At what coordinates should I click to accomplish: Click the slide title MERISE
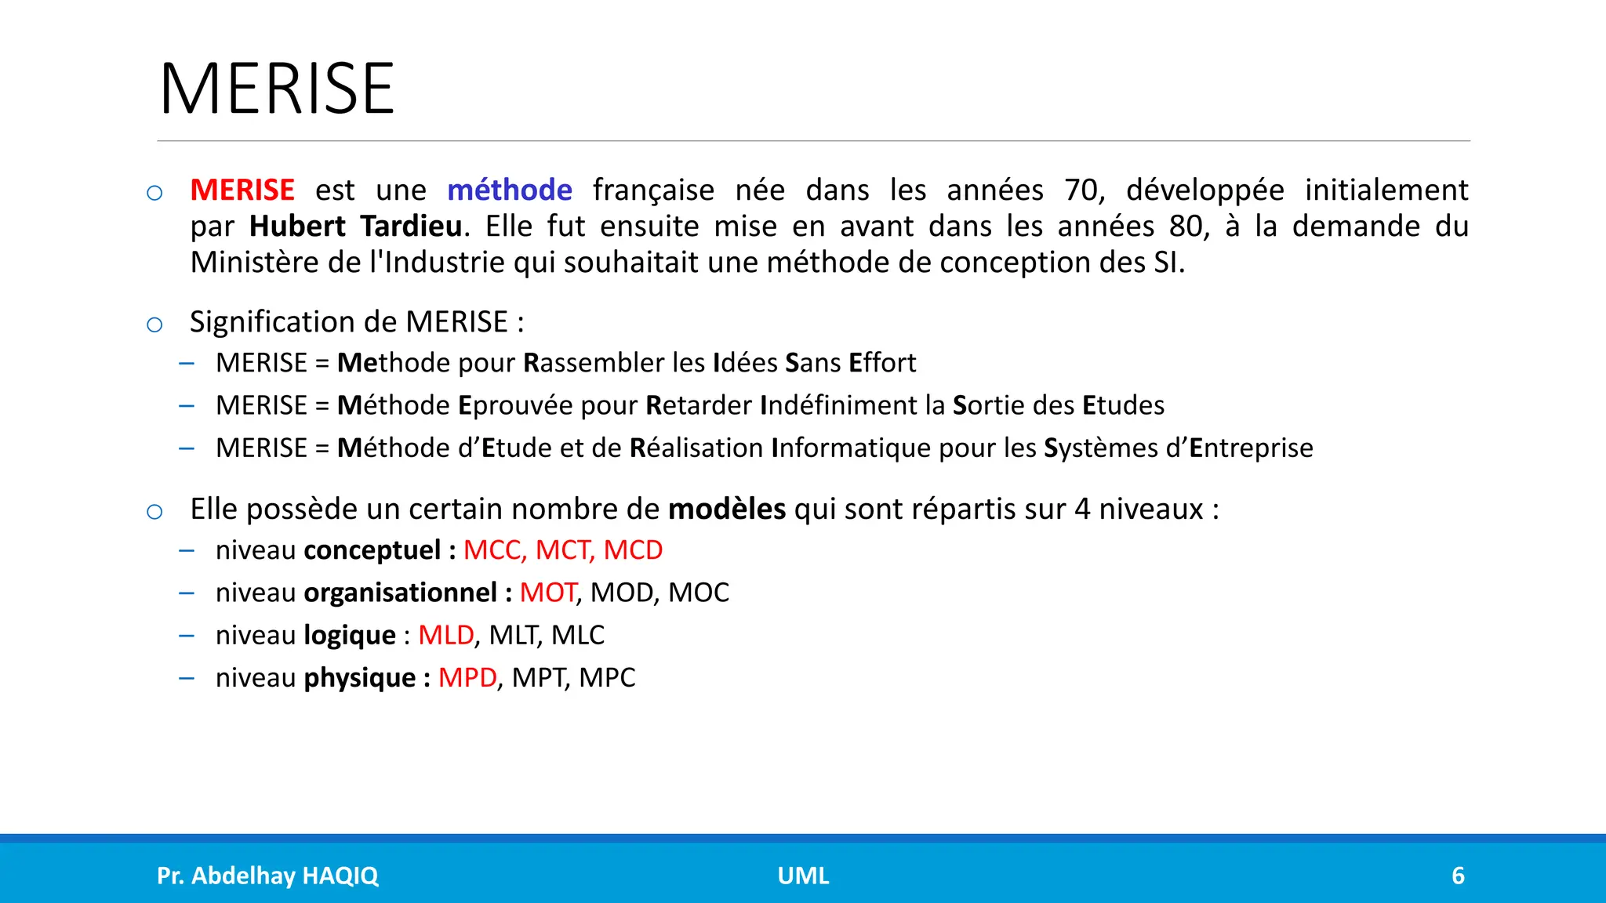(x=277, y=89)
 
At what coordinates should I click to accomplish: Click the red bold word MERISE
(x=242, y=190)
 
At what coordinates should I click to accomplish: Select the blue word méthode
(x=510, y=190)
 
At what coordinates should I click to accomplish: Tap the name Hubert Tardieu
(x=355, y=227)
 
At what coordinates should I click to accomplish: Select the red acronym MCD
(x=633, y=550)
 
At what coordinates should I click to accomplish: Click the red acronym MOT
(x=547, y=593)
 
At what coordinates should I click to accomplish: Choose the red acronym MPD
(x=467, y=677)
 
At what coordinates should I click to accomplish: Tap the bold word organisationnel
(x=400, y=593)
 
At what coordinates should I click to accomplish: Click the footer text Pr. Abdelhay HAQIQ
(x=267, y=876)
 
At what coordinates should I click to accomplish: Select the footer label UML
(x=803, y=876)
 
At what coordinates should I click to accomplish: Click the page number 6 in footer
(x=1458, y=876)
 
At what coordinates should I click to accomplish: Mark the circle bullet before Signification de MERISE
(x=154, y=325)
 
